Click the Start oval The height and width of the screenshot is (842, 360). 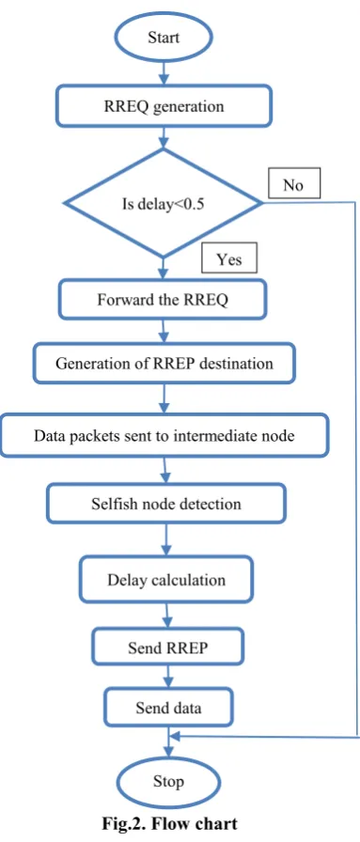coord(163,37)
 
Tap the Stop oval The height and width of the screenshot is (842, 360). coord(168,781)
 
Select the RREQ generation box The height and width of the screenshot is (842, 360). coord(164,106)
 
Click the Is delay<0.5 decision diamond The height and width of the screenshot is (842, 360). coord(163,204)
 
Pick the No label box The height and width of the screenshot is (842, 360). coord(293,184)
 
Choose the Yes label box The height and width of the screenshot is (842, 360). coord(229,259)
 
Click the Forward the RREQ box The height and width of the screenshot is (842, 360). coord(163,299)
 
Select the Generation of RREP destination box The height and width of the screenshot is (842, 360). coord(164,364)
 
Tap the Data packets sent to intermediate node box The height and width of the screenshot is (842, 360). coord(164,435)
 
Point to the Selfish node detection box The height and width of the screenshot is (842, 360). coord(166,504)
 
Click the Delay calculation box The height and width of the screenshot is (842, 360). coord(166,580)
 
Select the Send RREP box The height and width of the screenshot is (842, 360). coord(167,647)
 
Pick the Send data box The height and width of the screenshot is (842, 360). coord(168,708)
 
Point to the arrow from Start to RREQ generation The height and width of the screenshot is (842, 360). coord(163,73)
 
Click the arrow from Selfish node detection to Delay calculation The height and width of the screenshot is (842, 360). coord(166,540)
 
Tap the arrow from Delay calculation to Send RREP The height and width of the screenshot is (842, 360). coord(167,616)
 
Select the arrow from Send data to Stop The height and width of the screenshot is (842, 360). coord(169,742)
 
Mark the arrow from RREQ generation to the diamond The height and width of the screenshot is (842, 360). coord(164,138)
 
